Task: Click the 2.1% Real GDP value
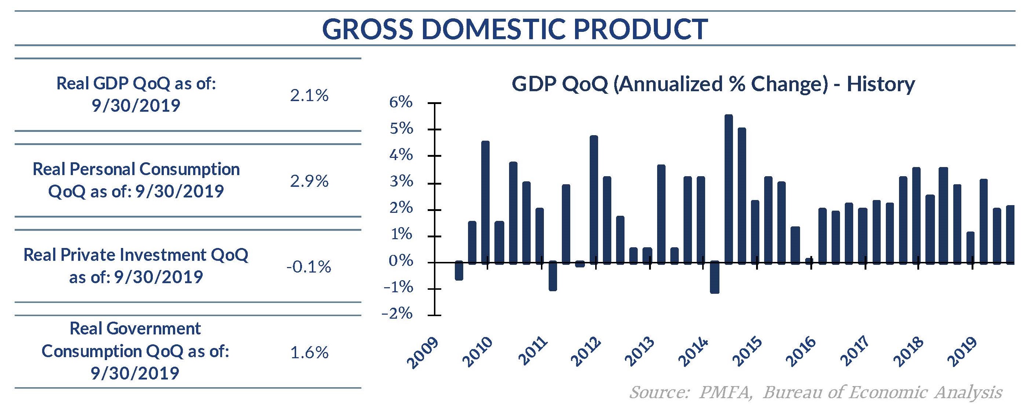pyautogui.click(x=309, y=95)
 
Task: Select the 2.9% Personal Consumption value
pyautogui.click(x=309, y=181)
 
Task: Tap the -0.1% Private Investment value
pyautogui.click(x=309, y=267)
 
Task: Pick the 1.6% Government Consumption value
pyautogui.click(x=309, y=352)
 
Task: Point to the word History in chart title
pyautogui.click(x=880, y=84)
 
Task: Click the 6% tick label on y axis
pyautogui.click(x=401, y=103)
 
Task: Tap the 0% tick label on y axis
pyautogui.click(x=401, y=261)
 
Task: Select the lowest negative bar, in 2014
pyautogui.click(x=715, y=277)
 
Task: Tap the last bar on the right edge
pyautogui.click(x=1010, y=234)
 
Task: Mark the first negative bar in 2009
pyautogui.click(x=459, y=271)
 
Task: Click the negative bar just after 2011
pyautogui.click(x=553, y=276)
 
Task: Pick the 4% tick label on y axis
pyautogui.click(x=401, y=155)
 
